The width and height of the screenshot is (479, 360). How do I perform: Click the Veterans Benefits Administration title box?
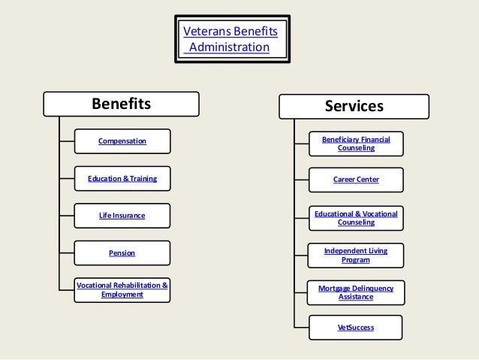click(232, 39)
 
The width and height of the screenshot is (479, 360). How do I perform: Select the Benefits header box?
click(121, 104)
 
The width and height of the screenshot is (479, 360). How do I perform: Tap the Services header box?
click(354, 106)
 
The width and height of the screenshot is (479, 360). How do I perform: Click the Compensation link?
click(122, 141)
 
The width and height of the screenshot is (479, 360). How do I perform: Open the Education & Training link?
click(122, 178)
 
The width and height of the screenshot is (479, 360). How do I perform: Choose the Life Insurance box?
click(122, 216)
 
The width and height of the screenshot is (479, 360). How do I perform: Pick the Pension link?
click(122, 253)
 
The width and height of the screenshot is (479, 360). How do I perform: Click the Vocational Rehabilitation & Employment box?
click(122, 290)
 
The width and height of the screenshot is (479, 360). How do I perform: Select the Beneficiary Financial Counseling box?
click(356, 144)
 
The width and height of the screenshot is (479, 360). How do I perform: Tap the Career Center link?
click(356, 180)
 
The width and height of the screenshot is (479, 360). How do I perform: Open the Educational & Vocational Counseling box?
click(356, 218)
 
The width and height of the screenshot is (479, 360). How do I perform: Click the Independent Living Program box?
click(356, 255)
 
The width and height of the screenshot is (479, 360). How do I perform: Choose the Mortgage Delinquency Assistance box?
click(356, 292)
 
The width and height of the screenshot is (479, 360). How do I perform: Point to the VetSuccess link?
click(356, 328)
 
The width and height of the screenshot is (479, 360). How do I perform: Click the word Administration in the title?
click(229, 47)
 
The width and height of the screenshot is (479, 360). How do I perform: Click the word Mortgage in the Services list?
click(335, 288)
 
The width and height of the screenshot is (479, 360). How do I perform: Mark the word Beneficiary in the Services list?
click(340, 139)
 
